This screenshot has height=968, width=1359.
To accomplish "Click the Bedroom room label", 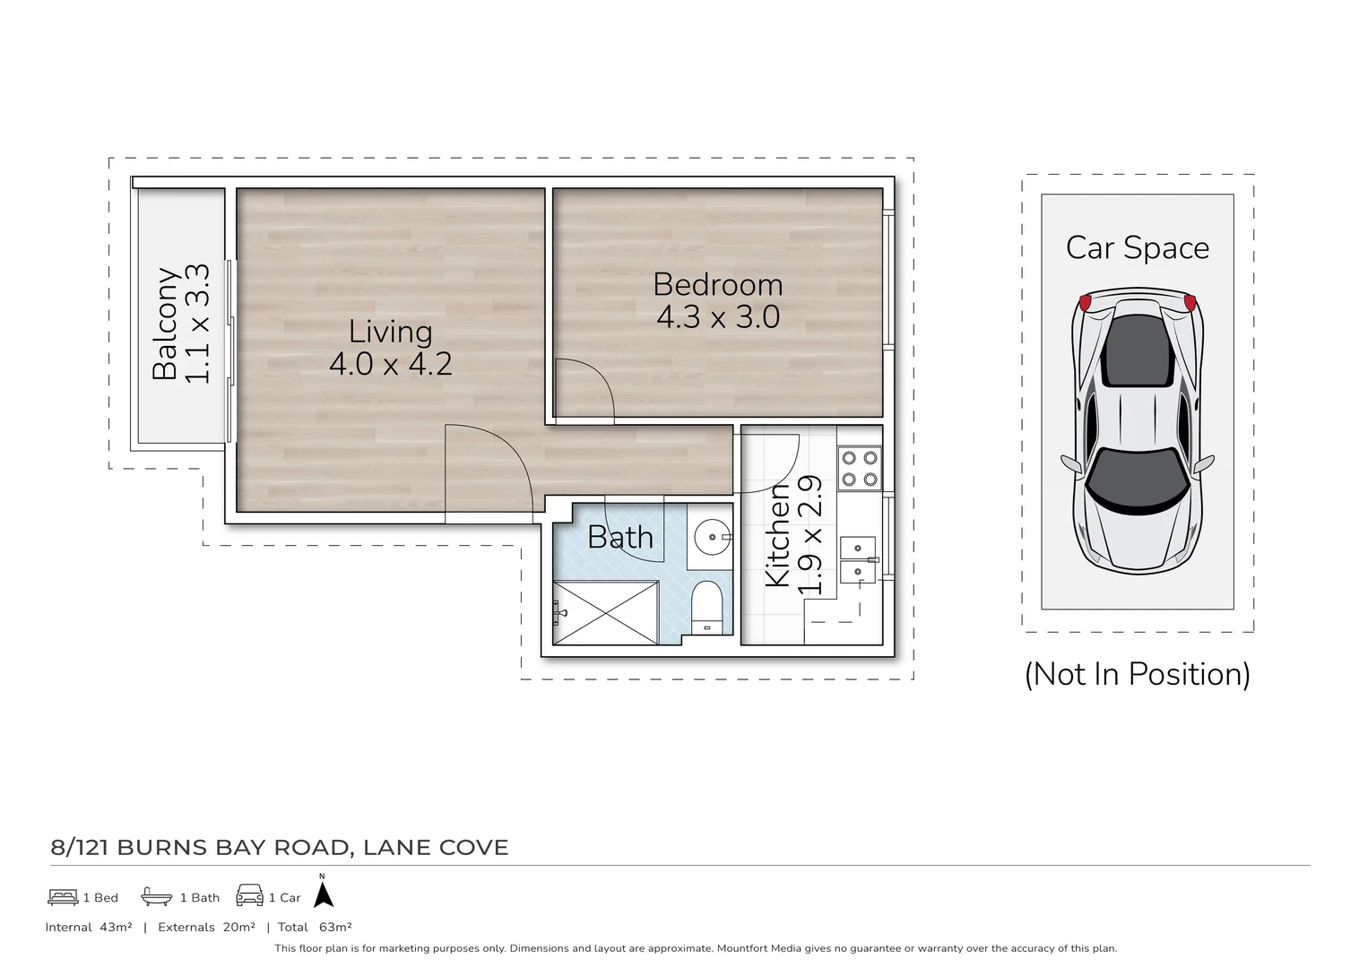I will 717,284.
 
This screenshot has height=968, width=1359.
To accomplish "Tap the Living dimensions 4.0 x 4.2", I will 390,364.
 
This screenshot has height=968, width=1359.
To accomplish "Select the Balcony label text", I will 165,324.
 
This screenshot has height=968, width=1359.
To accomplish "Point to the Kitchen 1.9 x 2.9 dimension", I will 809,535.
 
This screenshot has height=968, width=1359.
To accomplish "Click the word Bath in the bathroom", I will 620,538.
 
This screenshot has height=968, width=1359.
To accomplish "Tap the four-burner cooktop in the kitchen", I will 859,468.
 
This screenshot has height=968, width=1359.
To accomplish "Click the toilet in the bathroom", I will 707,606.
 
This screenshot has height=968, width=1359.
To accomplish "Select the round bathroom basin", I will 713,537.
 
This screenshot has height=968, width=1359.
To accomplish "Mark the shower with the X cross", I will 606,613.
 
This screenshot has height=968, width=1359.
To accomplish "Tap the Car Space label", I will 1137,247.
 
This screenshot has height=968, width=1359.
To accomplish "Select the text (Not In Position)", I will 1137,674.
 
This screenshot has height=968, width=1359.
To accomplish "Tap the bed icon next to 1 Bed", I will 63,896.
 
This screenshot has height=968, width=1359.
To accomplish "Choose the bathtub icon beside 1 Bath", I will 156,896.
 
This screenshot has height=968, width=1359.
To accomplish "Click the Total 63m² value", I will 334,927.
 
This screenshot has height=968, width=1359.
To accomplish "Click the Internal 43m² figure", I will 116,927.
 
